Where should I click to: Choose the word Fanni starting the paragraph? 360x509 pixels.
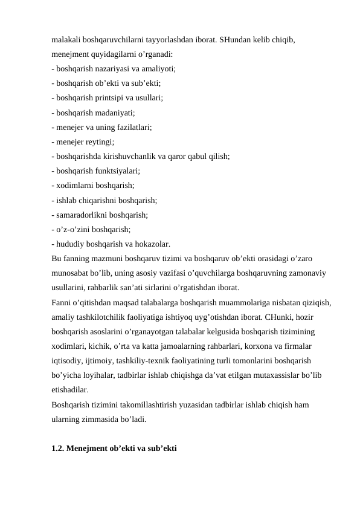pyautogui.click(x=62, y=302)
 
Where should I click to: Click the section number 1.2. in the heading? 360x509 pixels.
pyautogui.click(x=58, y=449)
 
